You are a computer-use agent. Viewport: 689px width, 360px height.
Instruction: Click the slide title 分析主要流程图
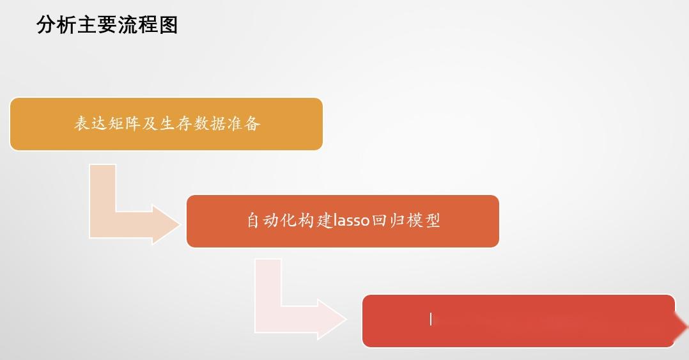[x=107, y=25]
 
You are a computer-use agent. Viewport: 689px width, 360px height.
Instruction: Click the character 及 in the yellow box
[x=150, y=123]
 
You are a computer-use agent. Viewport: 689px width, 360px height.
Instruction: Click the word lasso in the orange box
[x=352, y=221]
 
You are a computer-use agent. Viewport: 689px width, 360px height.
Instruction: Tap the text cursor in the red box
[x=431, y=319]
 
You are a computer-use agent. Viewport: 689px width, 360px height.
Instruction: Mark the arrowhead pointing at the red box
[x=331, y=318]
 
